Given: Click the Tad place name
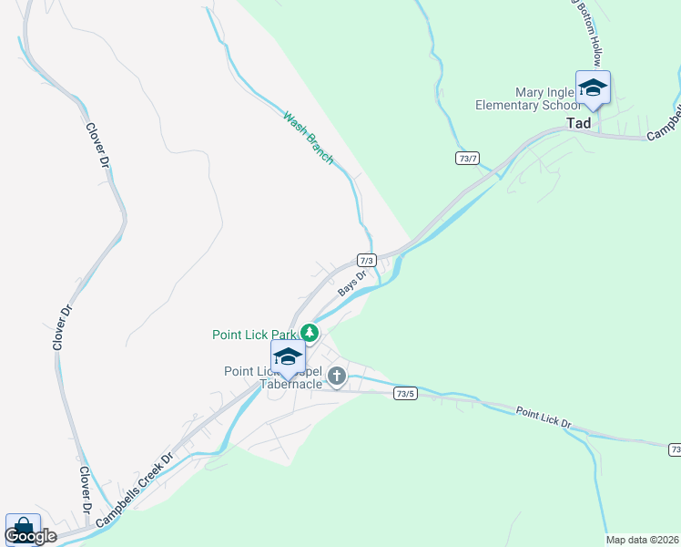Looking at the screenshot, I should point(578,123).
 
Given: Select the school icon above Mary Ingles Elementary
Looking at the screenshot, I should point(593,88).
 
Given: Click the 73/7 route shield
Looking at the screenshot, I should point(467,159).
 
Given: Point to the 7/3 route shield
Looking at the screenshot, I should point(367,260).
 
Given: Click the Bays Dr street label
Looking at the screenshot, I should point(352,284).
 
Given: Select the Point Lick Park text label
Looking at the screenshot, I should point(255,335).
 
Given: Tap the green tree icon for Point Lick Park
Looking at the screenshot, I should point(310,334).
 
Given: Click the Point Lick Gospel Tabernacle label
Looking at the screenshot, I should point(273,377).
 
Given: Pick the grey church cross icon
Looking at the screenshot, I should point(337,376).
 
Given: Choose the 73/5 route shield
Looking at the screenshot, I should point(406,394).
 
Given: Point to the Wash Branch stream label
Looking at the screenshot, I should point(308,137).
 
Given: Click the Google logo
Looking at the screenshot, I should point(30,536).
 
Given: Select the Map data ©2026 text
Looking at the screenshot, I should point(642,540).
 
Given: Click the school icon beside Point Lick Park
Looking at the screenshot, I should point(288,357).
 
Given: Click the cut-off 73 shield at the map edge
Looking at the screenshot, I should point(675,450).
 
